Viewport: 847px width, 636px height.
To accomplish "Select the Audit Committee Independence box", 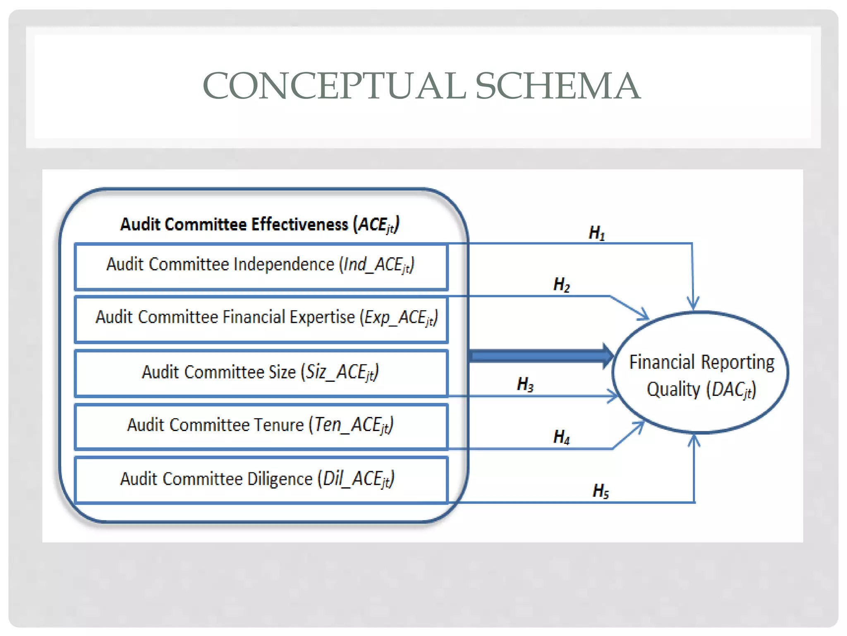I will pos(261,266).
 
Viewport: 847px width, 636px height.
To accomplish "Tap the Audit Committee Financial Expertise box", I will pos(261,319).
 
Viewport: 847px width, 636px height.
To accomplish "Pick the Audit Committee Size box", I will pos(261,373).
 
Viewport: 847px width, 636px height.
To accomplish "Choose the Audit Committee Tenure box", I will pos(261,426).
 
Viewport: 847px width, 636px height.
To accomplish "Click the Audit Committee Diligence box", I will pos(261,479).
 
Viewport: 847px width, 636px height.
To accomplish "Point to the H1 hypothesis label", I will pos(596,233).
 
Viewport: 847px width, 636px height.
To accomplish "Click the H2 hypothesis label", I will pos(561,285).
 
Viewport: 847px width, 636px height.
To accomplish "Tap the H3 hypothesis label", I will pos(525,385).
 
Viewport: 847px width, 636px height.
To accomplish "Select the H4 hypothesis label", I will pos(561,437).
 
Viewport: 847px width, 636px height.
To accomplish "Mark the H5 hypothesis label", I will pos(601,491).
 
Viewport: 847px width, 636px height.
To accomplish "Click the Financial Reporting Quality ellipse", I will pos(701,373).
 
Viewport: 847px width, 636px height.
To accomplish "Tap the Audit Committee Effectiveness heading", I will pos(259,225).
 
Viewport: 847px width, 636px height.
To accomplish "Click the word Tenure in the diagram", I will pos(278,425).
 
